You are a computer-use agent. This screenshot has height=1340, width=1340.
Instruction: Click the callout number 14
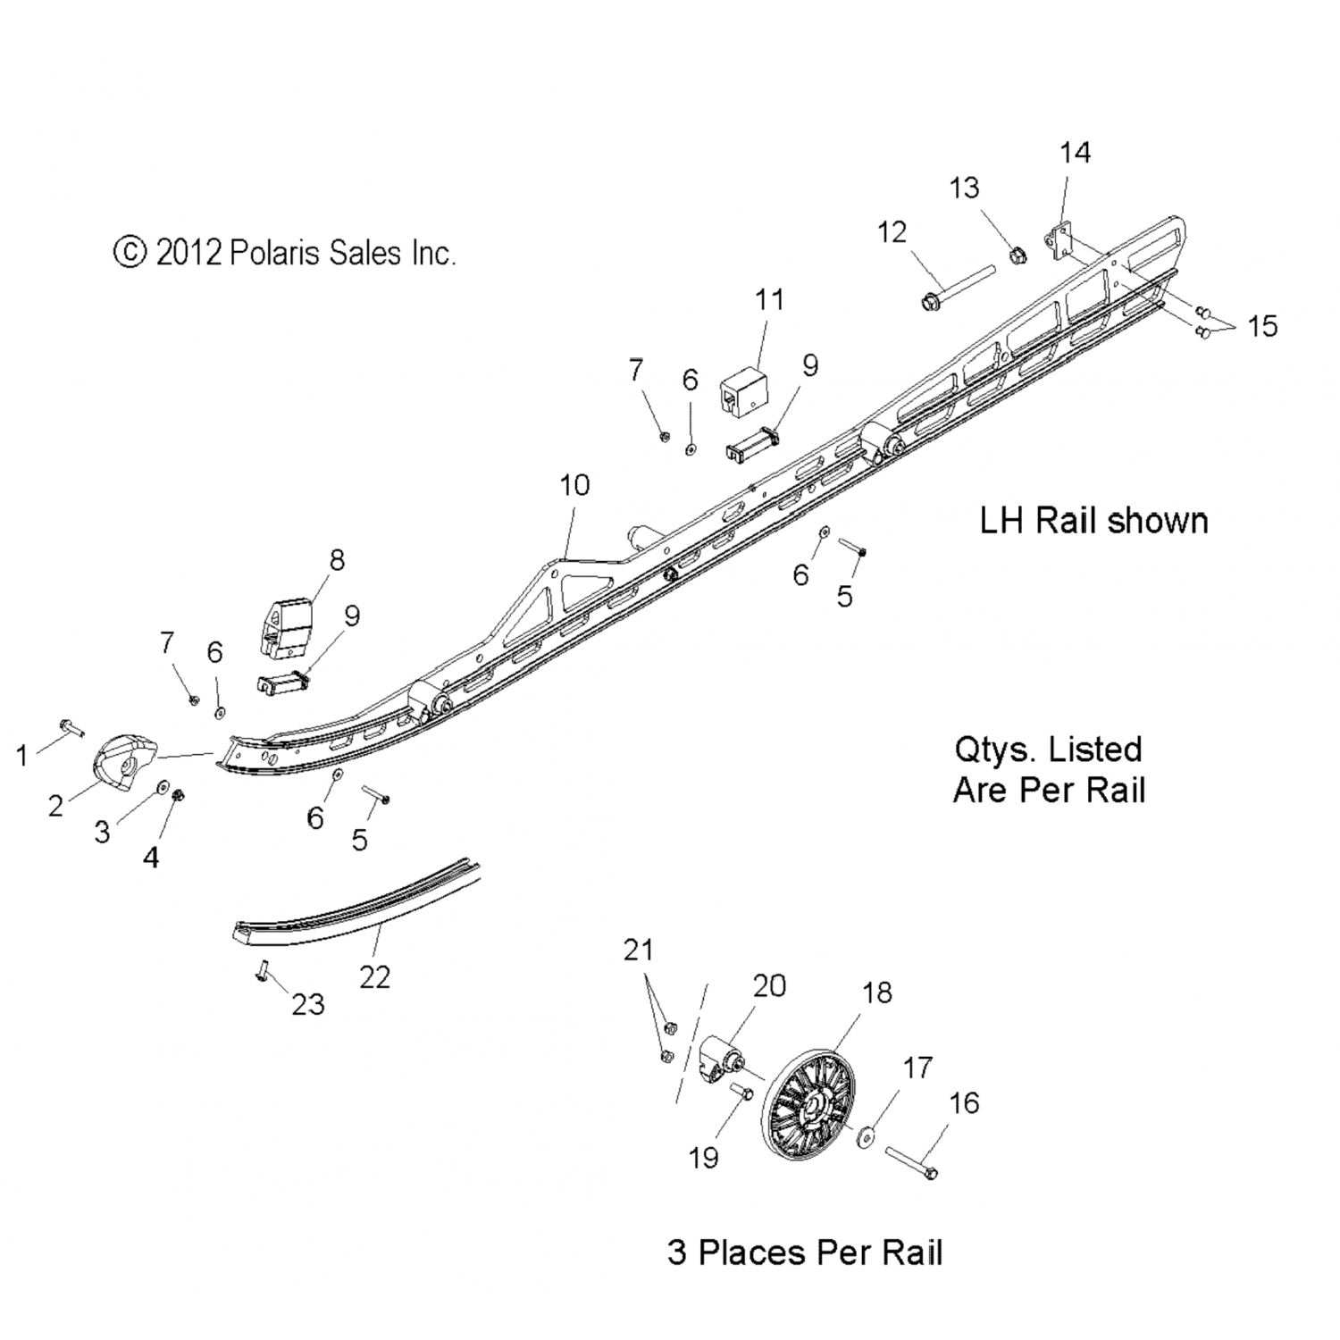[1075, 153]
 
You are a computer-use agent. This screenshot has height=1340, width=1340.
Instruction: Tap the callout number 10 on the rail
[574, 485]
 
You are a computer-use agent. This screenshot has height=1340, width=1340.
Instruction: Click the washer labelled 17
[865, 1140]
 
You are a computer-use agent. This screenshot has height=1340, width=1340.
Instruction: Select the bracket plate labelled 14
[1059, 242]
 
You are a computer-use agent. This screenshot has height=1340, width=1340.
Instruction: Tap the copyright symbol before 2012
[130, 253]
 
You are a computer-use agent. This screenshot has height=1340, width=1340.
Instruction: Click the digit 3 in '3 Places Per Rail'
[678, 1252]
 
